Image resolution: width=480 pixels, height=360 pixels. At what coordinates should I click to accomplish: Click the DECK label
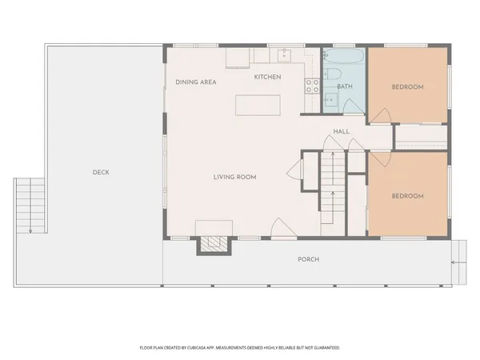pos(100,172)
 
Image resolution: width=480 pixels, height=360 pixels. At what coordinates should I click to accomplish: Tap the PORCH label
pos(308,259)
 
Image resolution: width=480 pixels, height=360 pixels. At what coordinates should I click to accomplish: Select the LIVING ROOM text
pos(234,177)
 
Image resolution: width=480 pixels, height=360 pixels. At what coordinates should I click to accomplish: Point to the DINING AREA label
pos(196,82)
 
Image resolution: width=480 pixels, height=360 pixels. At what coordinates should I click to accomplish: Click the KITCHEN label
pos(267,77)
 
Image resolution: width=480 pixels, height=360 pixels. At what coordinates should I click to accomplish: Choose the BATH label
pos(345,86)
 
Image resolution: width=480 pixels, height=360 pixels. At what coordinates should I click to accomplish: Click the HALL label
pos(342,131)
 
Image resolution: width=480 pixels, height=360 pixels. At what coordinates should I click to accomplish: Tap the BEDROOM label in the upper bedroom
pos(407,86)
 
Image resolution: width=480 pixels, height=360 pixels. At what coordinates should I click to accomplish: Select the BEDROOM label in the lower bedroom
pos(407,195)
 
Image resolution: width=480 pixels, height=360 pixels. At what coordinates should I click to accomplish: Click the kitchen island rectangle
pos(258,106)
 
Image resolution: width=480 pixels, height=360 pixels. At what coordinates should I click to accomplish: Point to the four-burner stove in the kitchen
pos(312,86)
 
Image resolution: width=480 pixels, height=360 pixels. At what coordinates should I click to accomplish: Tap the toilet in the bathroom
pos(330,100)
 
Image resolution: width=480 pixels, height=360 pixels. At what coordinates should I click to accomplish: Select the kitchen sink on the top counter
pos(283,56)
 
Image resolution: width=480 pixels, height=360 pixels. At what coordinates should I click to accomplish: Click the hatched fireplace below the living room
pos(212,243)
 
